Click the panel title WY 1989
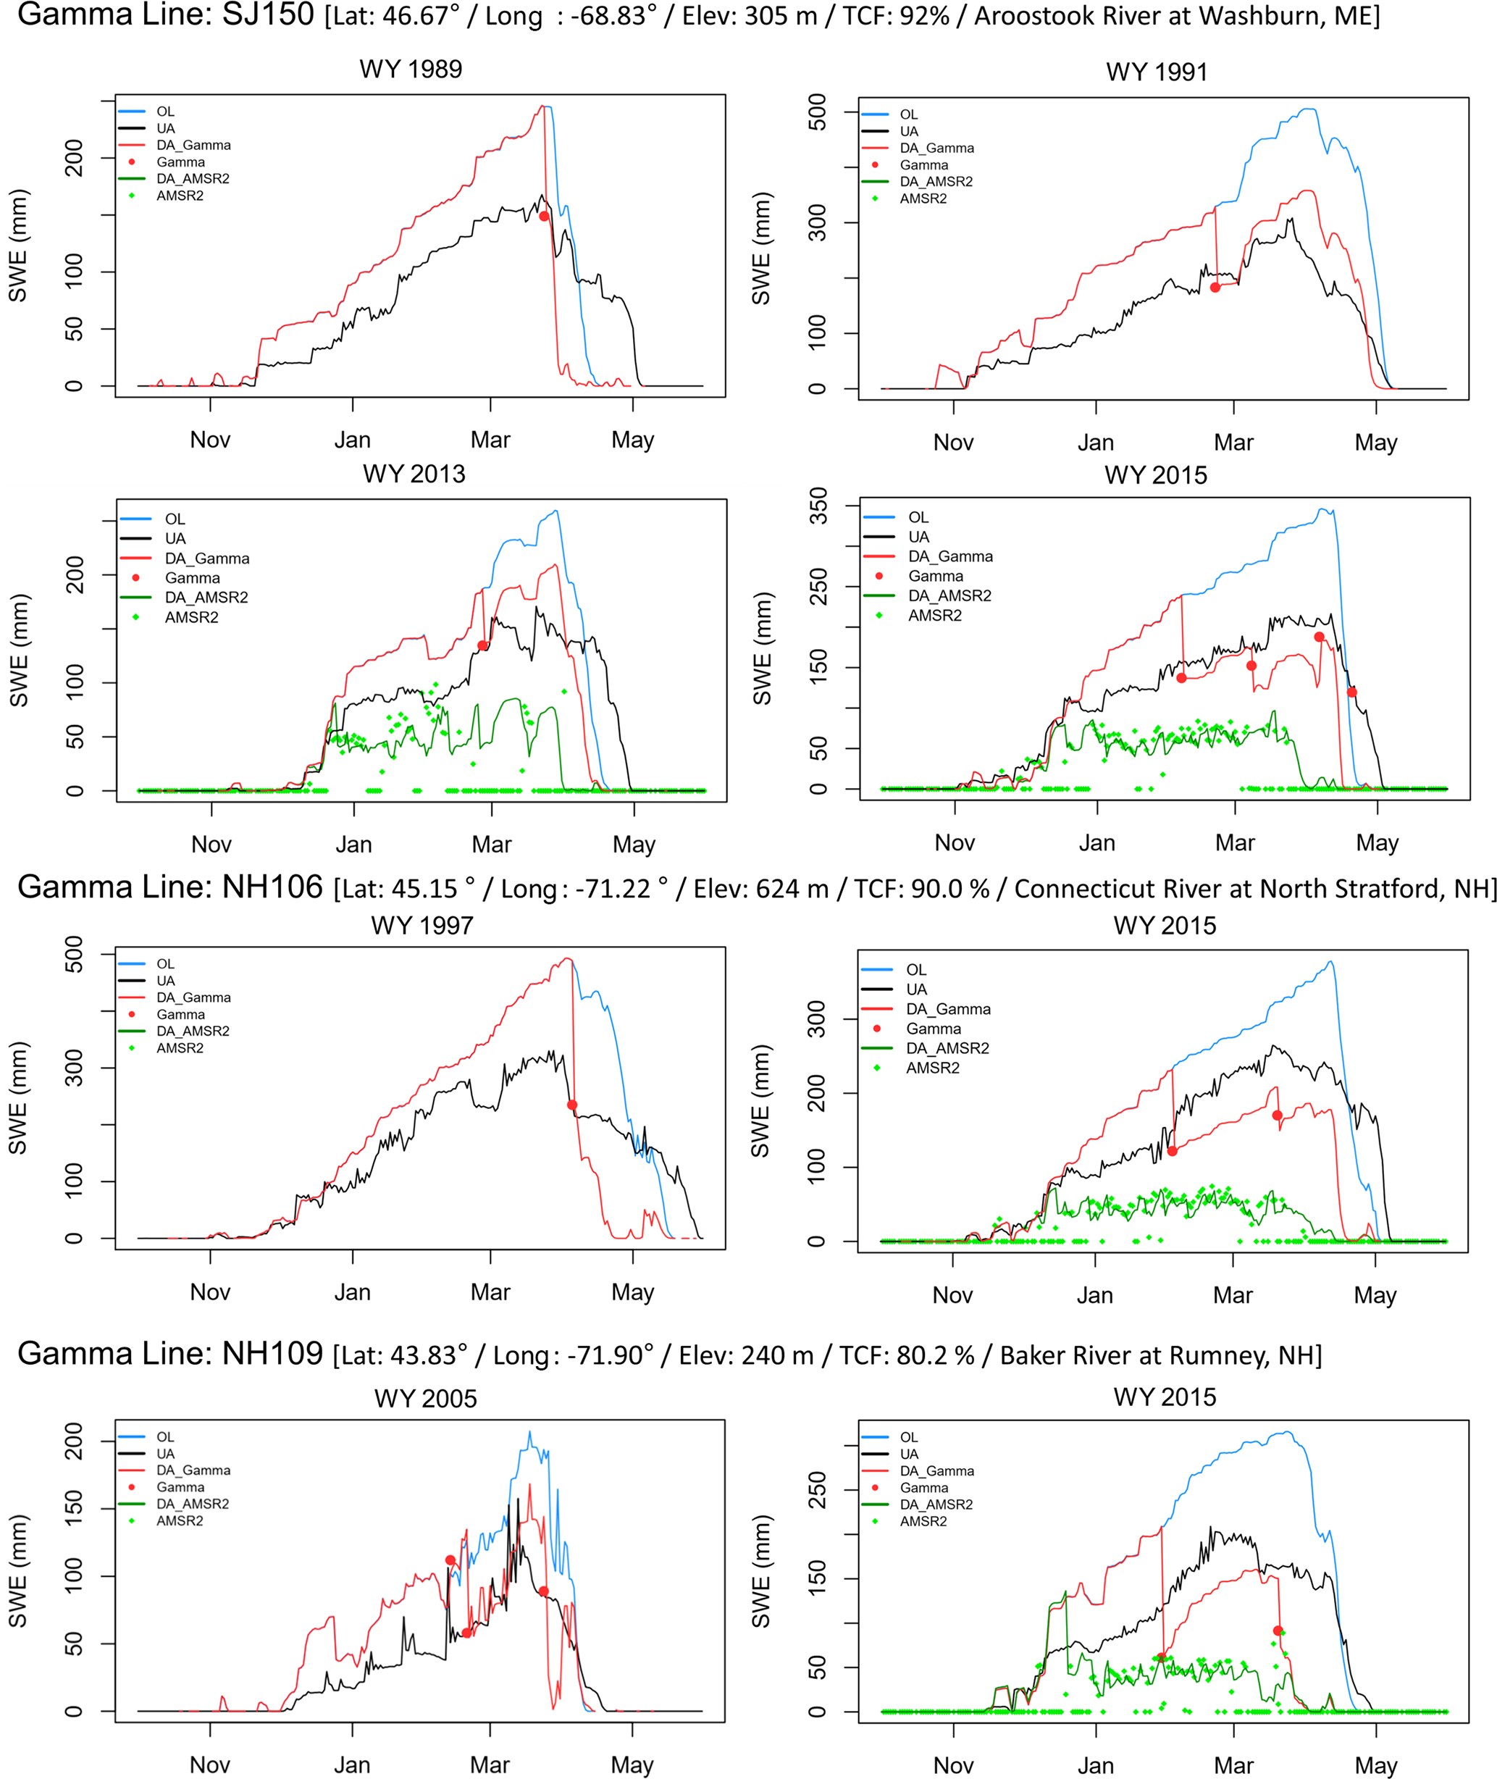[x=411, y=69]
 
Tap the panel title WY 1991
[x=1157, y=72]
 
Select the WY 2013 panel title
[x=414, y=474]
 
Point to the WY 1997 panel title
[x=422, y=925]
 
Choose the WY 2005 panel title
[x=425, y=1398]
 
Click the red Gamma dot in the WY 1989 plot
[x=544, y=217]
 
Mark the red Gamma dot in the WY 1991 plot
[x=1215, y=288]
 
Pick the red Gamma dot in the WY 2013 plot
[x=482, y=646]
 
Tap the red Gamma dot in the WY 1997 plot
[x=572, y=1105]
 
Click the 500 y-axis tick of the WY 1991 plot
[x=817, y=112]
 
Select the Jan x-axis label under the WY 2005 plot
[x=352, y=1765]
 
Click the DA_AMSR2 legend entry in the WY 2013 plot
[x=206, y=598]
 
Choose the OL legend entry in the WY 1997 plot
[x=165, y=964]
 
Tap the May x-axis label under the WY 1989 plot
[x=633, y=440]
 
